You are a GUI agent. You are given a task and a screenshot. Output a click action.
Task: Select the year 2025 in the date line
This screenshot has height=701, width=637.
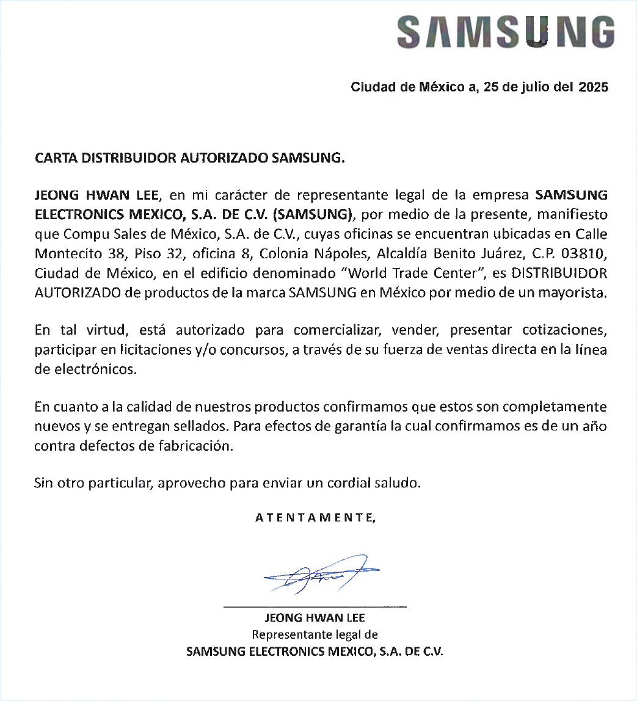(x=592, y=87)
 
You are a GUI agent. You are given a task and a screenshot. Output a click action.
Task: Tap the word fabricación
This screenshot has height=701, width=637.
(x=195, y=446)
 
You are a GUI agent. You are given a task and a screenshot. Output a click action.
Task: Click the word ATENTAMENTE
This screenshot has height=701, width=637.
(x=315, y=518)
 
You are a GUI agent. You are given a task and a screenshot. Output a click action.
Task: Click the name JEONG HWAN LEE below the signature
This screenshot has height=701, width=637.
(x=315, y=618)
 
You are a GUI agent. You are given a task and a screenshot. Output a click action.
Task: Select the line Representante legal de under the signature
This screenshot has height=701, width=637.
(x=315, y=634)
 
